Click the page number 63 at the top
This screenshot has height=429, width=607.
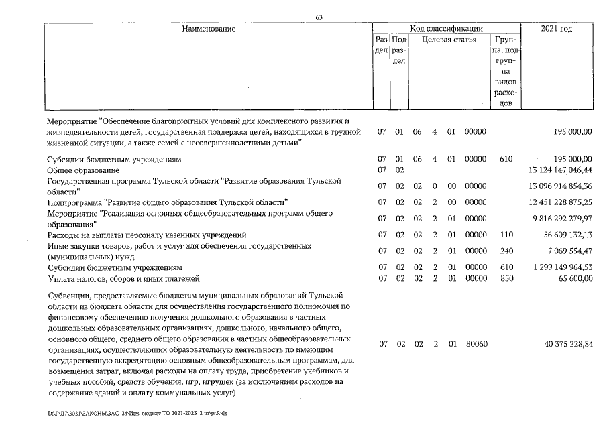pos(320,17)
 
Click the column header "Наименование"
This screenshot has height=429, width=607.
pos(209,29)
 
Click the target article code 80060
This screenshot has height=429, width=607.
pos(476,344)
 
